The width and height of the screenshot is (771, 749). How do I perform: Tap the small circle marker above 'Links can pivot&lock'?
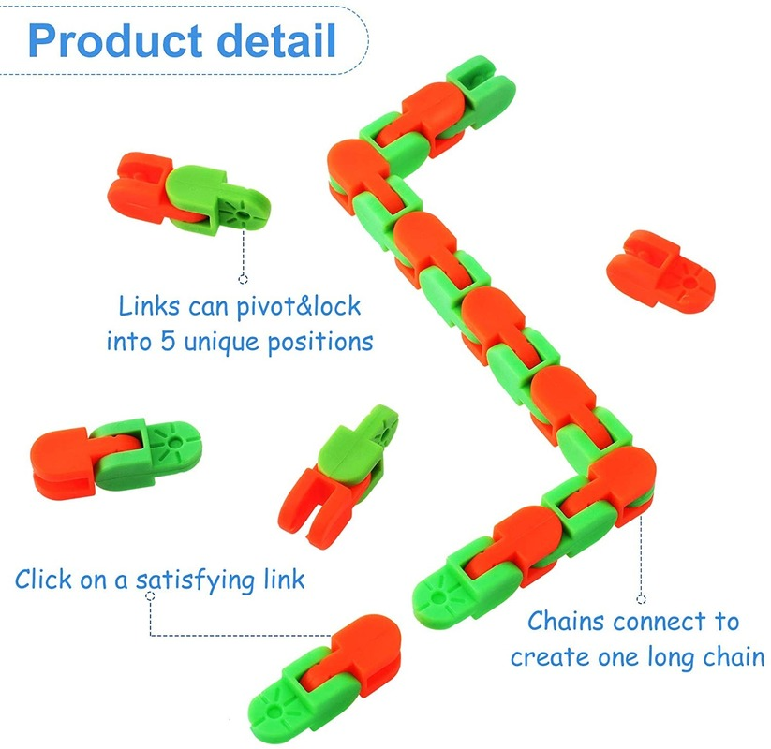tap(244, 278)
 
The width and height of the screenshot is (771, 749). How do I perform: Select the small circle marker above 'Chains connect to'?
tap(642, 598)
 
